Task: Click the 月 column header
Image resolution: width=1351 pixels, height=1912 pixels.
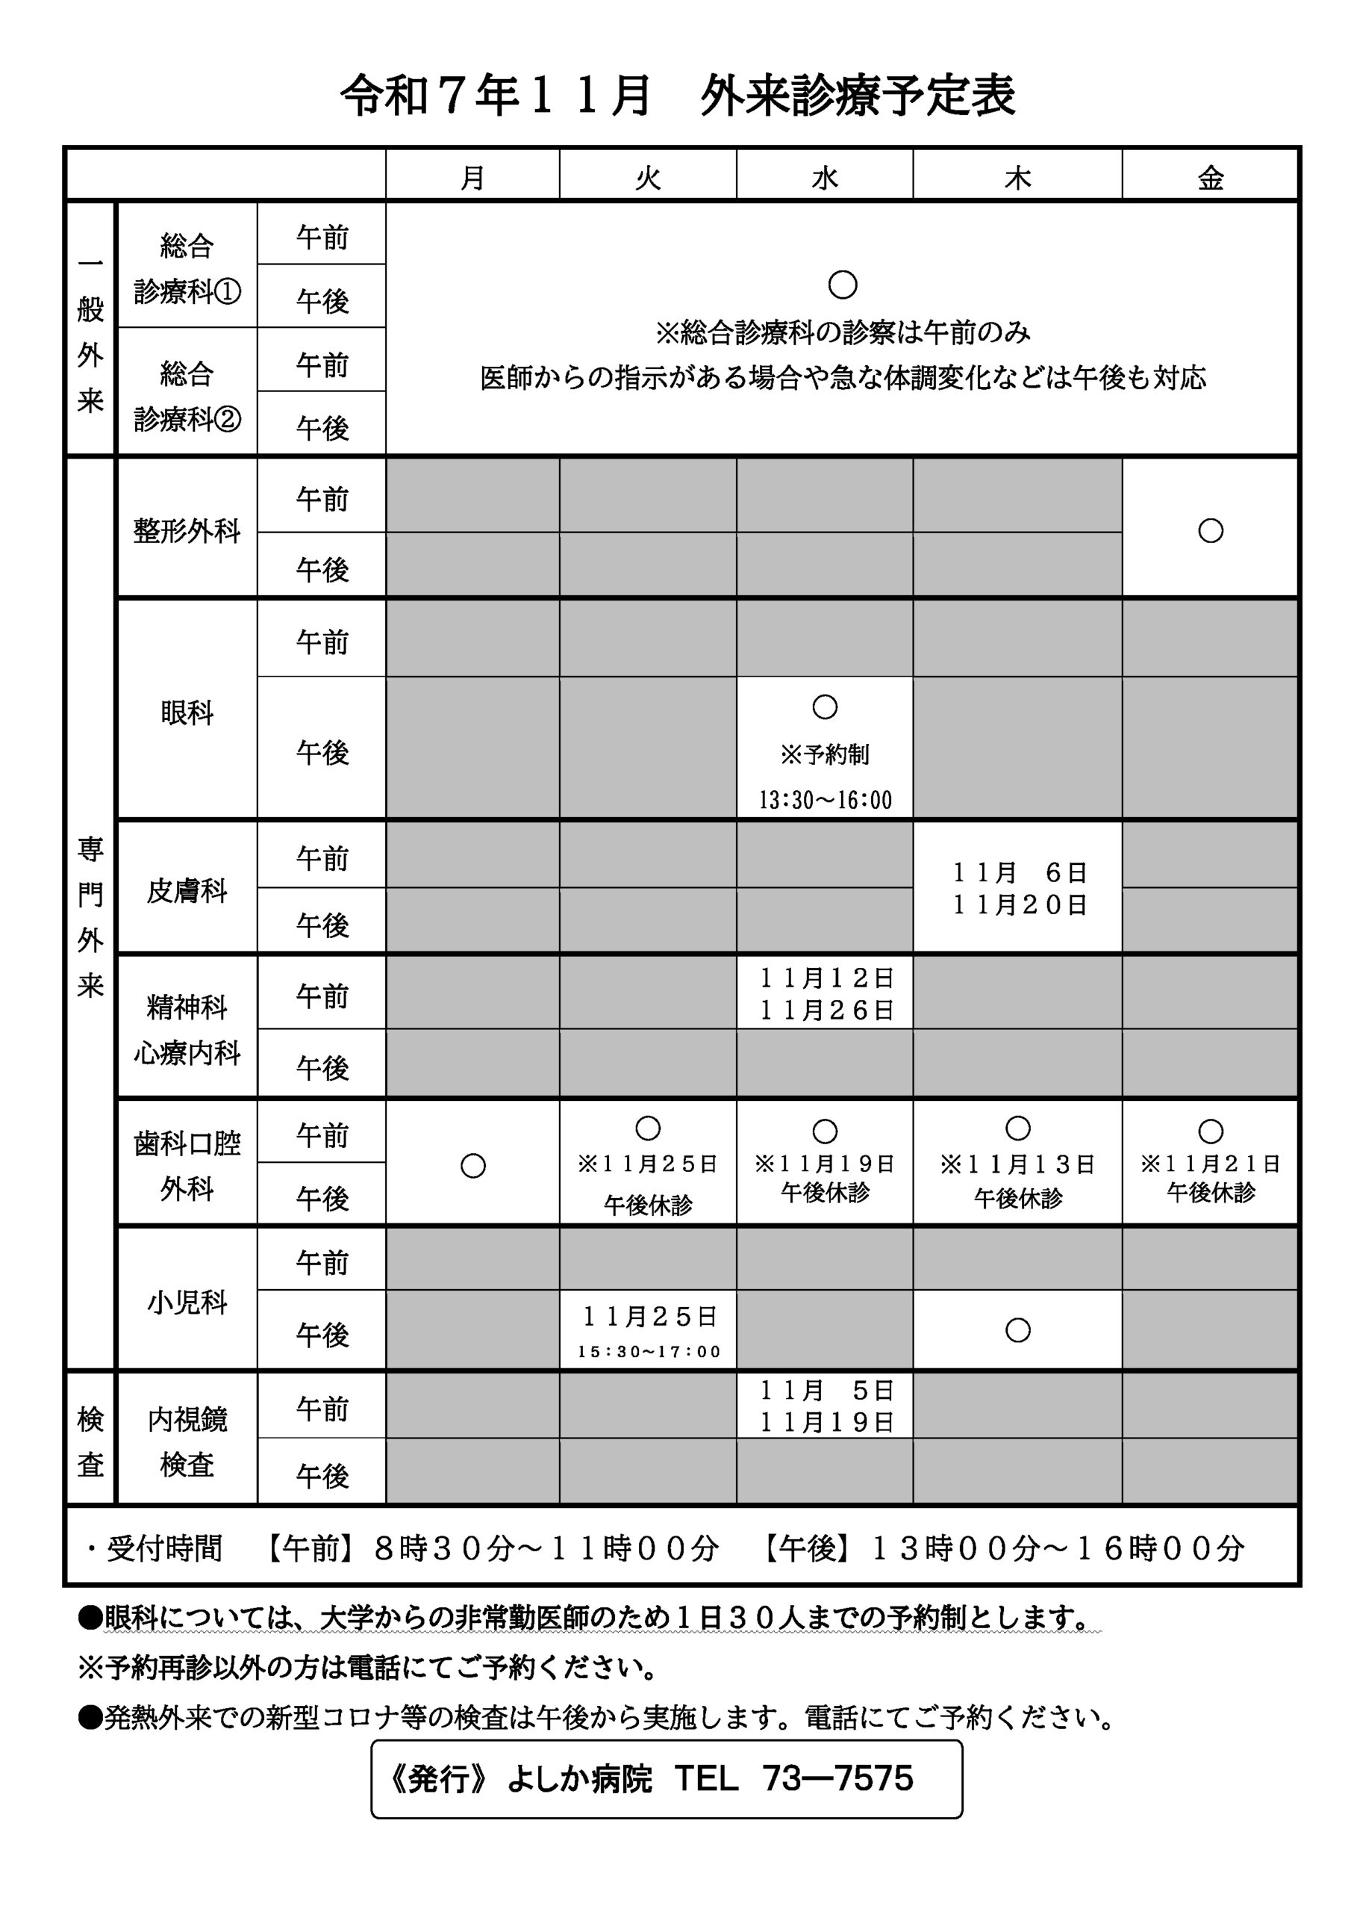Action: point(472,177)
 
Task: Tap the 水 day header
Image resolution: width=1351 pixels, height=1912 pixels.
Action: point(824,177)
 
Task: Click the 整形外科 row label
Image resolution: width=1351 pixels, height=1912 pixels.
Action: point(187,530)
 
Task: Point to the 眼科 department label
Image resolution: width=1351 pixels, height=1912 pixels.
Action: point(187,713)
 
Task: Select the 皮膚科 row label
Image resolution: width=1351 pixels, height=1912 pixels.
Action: point(187,891)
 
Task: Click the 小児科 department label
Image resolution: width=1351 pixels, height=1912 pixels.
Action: point(187,1303)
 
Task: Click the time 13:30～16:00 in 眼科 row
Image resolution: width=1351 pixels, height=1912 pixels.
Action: point(824,800)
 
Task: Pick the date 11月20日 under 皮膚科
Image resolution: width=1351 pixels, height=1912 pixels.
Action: point(1019,905)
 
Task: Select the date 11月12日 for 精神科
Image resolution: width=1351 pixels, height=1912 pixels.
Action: point(826,978)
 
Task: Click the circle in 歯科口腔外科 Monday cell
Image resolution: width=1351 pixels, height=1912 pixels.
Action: point(472,1165)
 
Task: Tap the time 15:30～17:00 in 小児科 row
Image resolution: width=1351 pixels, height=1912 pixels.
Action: point(649,1352)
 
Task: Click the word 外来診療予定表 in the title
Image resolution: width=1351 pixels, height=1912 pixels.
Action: point(858,95)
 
